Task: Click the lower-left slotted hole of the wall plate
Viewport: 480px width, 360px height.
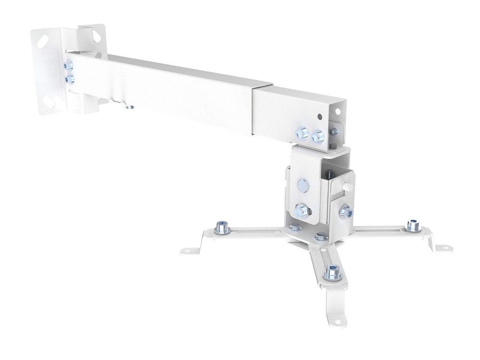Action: (x=50, y=102)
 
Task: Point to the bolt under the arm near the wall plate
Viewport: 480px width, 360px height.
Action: (x=127, y=107)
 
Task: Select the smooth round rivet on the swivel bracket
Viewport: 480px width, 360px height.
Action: (x=304, y=184)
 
